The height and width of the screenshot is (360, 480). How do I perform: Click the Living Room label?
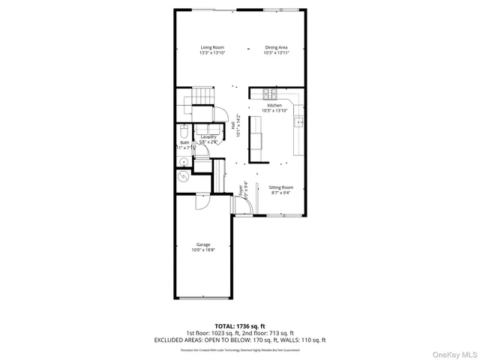click(x=212, y=47)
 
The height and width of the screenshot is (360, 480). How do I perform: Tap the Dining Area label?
click(x=276, y=47)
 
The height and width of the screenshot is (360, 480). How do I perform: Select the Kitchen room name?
click(x=274, y=106)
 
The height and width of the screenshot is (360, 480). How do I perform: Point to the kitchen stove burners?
click(x=270, y=94)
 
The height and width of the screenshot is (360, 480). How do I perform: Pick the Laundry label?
click(x=208, y=136)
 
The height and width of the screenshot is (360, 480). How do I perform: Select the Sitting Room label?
click(x=280, y=187)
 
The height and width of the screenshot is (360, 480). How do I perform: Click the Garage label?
click(x=203, y=244)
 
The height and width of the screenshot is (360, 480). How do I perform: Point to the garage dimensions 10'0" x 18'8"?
click(x=203, y=250)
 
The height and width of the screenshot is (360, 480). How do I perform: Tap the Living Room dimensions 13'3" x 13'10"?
click(x=212, y=53)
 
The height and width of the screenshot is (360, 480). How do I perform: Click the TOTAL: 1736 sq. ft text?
click(x=239, y=325)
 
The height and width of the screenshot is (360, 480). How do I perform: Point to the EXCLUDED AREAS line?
click(x=239, y=339)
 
